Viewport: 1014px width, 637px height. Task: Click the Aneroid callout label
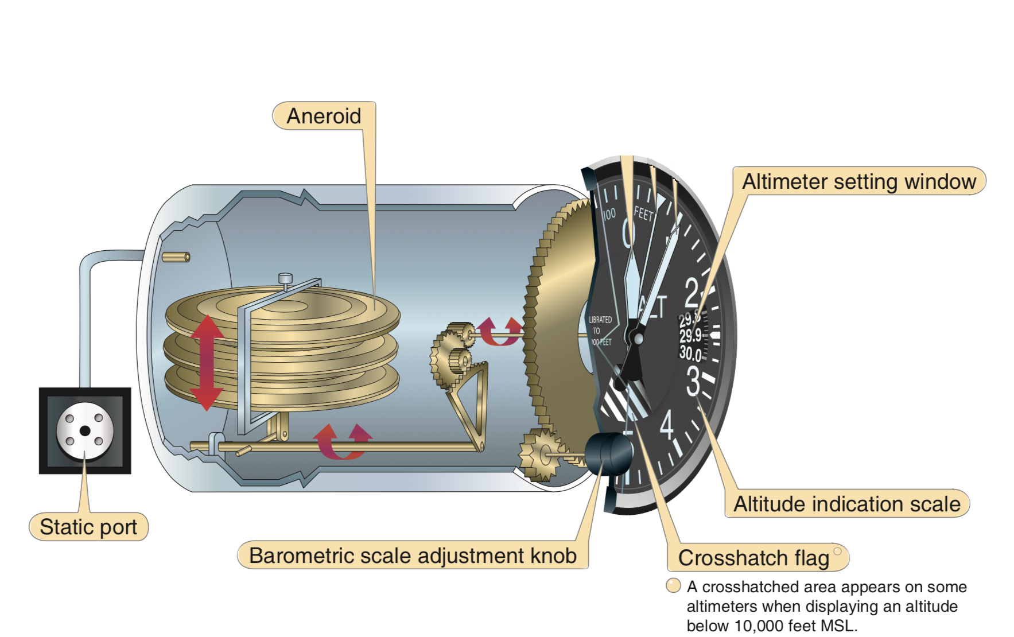click(x=324, y=116)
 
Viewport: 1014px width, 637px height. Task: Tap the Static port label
click(x=88, y=527)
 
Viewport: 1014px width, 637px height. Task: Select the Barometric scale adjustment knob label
click(x=413, y=556)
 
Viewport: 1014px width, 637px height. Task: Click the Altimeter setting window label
click(x=858, y=181)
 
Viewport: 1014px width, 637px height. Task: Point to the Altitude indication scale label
click(x=846, y=504)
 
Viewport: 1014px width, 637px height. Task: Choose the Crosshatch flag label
click(x=753, y=558)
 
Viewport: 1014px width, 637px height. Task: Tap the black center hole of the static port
click(x=85, y=431)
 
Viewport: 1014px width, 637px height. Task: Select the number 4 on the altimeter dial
click(x=666, y=425)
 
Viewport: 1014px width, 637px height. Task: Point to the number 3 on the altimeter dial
click(x=694, y=382)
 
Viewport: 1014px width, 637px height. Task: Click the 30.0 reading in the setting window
click(x=690, y=352)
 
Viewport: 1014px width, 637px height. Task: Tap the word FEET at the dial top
click(x=643, y=214)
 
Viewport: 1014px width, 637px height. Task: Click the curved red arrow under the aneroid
click(x=342, y=442)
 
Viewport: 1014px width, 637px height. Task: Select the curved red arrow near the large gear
click(x=500, y=332)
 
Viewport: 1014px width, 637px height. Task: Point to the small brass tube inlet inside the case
click(x=176, y=257)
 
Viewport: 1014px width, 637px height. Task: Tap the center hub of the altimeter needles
click(x=638, y=339)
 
